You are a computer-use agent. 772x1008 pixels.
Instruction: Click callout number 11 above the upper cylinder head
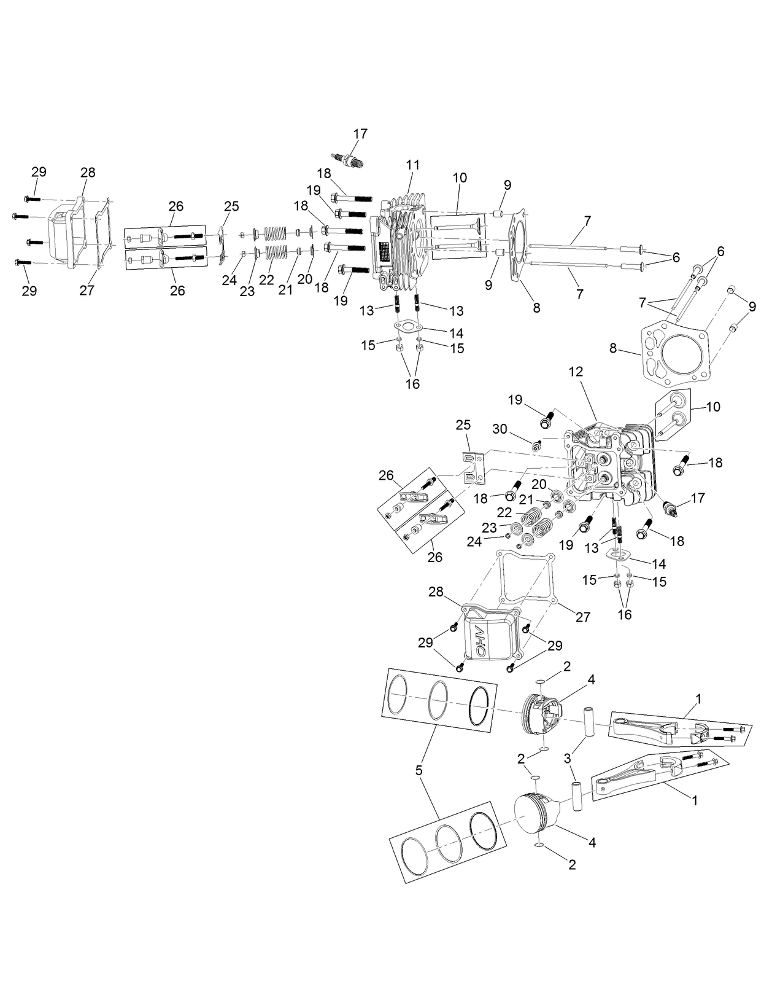pyautogui.click(x=413, y=165)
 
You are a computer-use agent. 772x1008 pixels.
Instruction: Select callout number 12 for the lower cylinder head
pyautogui.click(x=576, y=372)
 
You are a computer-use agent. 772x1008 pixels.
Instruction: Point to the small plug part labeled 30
pyautogui.click(x=536, y=444)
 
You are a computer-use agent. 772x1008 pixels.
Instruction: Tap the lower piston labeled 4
pyautogui.click(x=534, y=815)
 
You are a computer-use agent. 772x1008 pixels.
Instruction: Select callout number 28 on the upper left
pyautogui.click(x=88, y=173)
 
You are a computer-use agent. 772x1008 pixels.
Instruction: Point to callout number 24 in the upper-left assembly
pyautogui.click(x=230, y=280)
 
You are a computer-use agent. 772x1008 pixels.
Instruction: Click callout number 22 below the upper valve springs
pyautogui.click(x=266, y=279)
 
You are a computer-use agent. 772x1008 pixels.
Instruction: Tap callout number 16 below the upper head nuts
pyautogui.click(x=413, y=384)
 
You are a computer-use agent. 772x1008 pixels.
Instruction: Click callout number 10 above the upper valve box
pyautogui.click(x=460, y=178)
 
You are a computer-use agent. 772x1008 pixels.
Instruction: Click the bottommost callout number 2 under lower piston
pyautogui.click(x=572, y=864)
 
